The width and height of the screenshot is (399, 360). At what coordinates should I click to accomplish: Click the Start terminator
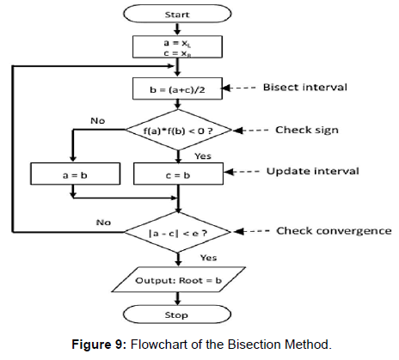pyautogui.click(x=178, y=15)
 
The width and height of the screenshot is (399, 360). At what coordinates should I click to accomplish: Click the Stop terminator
pyautogui.click(x=178, y=315)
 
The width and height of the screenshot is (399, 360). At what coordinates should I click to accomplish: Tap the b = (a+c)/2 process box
pyautogui.click(x=178, y=87)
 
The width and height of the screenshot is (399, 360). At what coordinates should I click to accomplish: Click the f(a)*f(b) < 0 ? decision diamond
pyautogui.click(x=178, y=131)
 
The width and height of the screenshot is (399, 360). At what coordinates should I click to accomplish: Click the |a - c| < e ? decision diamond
pyautogui.click(x=178, y=231)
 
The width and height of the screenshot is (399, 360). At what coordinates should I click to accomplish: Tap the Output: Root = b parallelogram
pyautogui.click(x=178, y=280)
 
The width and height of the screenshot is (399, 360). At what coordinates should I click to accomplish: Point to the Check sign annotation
pyautogui.click(x=306, y=131)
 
